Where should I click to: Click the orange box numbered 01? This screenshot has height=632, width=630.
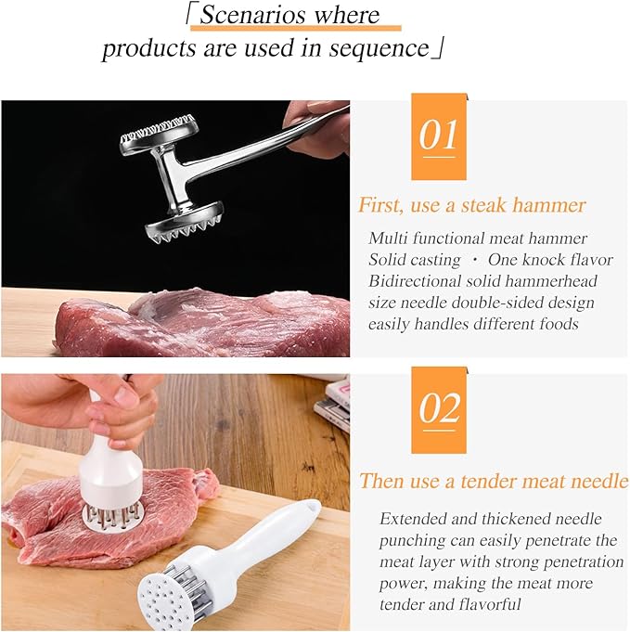[x=438, y=135]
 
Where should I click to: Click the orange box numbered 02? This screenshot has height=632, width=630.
[x=438, y=409]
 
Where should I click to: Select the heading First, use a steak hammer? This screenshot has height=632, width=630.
[x=471, y=205]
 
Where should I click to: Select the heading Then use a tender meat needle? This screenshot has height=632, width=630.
[x=493, y=481]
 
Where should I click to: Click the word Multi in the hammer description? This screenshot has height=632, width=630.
[x=386, y=239]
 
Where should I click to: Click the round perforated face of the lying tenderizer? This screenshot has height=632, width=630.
[x=174, y=593]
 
